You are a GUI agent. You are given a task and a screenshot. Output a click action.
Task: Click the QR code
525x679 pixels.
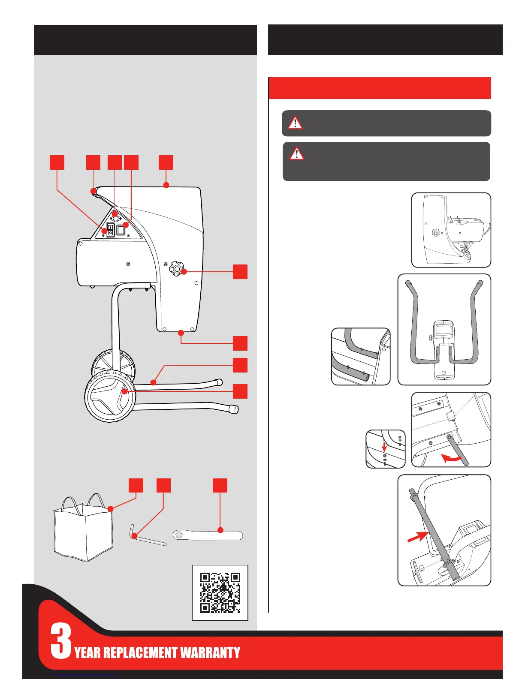tap(220, 592)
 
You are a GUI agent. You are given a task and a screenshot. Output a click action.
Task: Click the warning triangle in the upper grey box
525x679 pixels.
tap(295, 123)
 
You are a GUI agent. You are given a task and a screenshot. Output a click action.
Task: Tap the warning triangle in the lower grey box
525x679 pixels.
tap(296, 153)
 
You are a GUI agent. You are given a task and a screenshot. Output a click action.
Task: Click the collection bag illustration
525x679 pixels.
tap(83, 529)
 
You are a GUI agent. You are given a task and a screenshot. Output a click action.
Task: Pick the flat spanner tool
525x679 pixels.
tap(208, 535)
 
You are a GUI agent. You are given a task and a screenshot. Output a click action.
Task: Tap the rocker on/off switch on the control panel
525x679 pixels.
tap(110, 229)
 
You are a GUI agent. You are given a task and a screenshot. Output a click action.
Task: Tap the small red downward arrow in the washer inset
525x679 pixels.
tap(384, 448)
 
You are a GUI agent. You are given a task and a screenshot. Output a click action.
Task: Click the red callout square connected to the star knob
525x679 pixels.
tap(240, 272)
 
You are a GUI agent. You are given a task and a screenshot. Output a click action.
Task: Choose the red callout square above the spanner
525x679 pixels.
tap(220, 485)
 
